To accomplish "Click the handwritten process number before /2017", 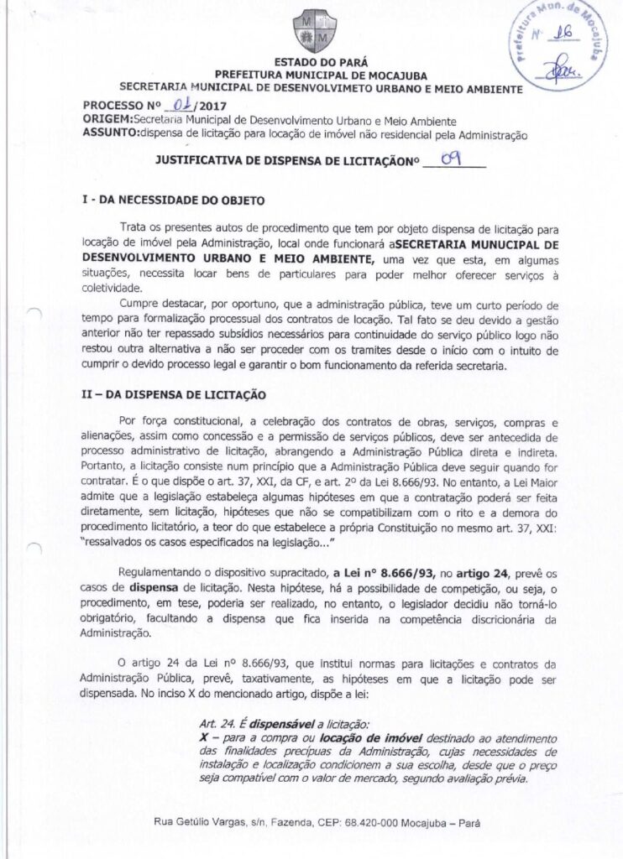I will [178, 106].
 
